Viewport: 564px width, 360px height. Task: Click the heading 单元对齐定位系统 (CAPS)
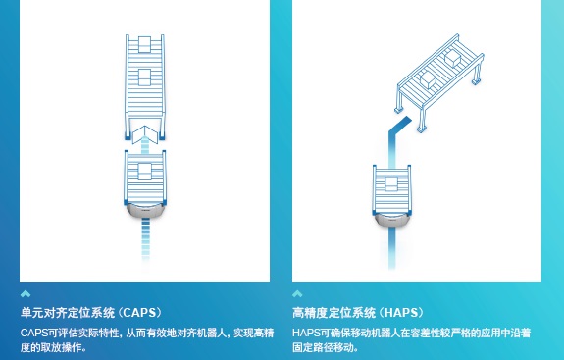tap(91, 313)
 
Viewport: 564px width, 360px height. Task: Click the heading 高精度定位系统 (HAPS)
tap(358, 313)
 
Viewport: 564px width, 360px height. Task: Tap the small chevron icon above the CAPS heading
tap(26, 294)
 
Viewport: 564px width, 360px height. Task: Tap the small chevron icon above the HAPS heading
tap(297, 294)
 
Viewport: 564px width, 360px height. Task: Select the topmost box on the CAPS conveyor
tap(144, 44)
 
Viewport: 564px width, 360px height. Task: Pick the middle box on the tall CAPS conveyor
tap(144, 77)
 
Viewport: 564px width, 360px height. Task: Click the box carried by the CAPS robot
tap(144, 172)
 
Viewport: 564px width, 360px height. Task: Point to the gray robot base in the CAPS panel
tap(144, 211)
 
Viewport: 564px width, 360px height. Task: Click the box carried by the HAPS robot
tap(391, 184)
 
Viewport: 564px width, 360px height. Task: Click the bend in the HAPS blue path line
tap(392, 132)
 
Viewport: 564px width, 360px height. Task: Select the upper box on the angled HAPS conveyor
tap(453, 57)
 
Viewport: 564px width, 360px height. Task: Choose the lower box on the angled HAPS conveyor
tap(428, 78)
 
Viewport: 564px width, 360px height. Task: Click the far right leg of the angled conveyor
tap(477, 75)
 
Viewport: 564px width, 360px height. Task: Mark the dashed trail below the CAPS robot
tap(145, 239)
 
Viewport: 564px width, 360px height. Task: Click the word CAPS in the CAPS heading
tap(139, 313)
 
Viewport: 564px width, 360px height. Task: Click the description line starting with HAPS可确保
tap(412, 333)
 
